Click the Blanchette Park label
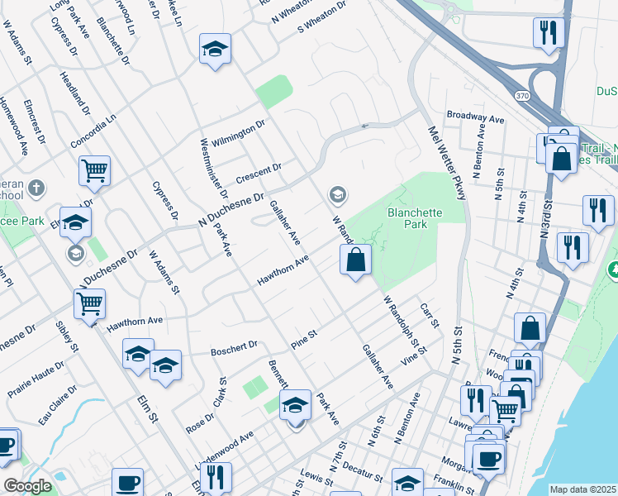point(415,218)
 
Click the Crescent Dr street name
point(259,174)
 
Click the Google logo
point(27,485)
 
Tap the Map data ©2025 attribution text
point(583,489)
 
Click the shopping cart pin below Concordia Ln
point(94,171)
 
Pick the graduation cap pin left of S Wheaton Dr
point(215,49)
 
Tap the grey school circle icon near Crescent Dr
point(337,195)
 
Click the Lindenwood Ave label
point(222,449)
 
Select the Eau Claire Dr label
point(57,410)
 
